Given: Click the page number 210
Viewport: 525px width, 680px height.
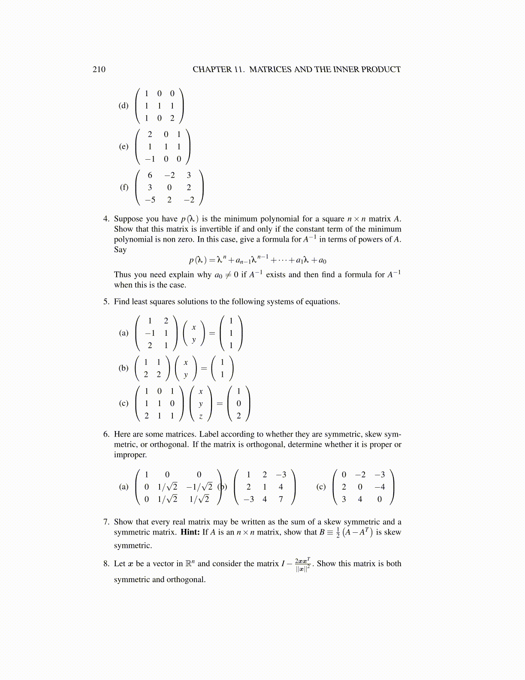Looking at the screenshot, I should point(99,70).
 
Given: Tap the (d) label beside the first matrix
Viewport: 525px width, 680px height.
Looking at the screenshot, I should point(124,106).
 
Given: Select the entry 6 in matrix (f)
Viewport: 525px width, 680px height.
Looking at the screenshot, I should point(150,175).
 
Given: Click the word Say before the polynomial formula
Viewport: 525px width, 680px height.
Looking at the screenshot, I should point(120,250).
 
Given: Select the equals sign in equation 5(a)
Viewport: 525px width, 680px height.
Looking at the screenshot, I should point(211,333).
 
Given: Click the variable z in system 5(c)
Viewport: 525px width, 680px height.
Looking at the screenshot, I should point(200,416).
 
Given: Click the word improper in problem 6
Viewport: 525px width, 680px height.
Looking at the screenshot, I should point(130,455).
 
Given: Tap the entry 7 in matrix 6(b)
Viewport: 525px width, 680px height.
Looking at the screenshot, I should point(281,499).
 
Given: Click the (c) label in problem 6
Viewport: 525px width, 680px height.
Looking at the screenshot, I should point(321,487).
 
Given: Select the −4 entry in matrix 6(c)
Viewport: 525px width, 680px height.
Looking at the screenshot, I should point(379,487).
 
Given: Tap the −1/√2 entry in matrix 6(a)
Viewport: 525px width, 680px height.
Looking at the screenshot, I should point(199,487).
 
